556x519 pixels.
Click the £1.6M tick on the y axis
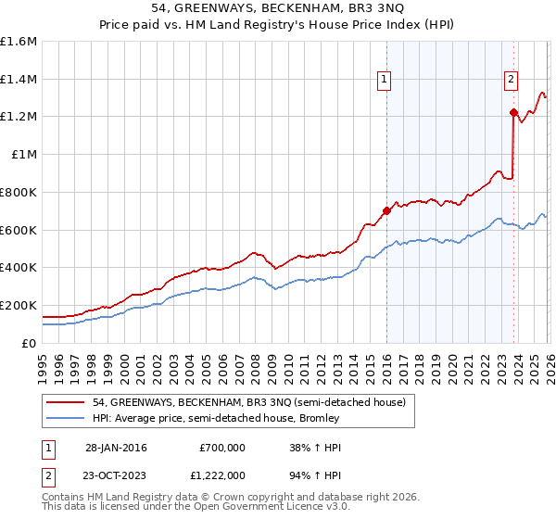(19, 42)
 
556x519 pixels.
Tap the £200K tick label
(19, 305)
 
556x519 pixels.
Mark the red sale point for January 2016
(385, 210)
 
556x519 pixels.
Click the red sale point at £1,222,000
(512, 112)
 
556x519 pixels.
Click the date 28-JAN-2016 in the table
(116, 448)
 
